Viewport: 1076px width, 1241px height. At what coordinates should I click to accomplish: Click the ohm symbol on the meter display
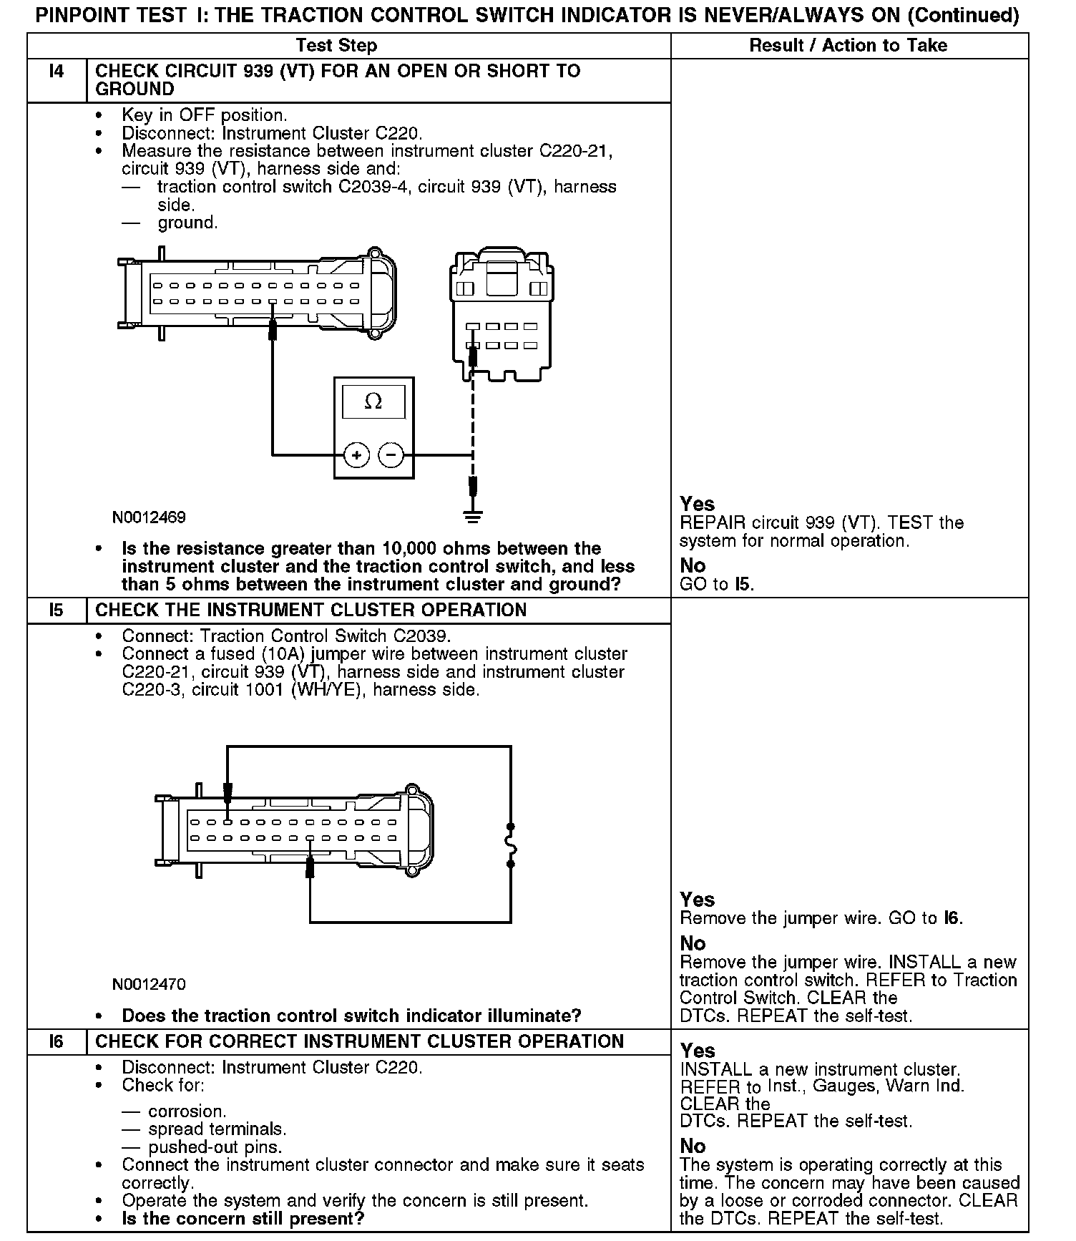tap(373, 401)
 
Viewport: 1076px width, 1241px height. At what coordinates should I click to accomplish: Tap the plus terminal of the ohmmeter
tap(356, 454)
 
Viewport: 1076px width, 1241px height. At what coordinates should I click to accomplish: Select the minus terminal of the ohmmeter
tap(391, 454)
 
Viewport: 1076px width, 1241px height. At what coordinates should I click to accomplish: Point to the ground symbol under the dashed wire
tap(472, 515)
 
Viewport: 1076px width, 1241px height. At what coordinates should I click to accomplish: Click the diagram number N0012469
tap(149, 517)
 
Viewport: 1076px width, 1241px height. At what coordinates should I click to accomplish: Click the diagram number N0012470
tap(149, 984)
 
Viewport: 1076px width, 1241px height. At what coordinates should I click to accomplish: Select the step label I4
tap(57, 71)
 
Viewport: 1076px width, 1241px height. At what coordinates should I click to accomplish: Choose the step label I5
tap(57, 610)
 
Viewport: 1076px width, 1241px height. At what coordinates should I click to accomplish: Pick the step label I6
tap(57, 1041)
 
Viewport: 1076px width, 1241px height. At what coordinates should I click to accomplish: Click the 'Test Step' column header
tap(336, 46)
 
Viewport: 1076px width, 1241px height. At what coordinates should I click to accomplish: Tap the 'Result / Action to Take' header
tap(848, 46)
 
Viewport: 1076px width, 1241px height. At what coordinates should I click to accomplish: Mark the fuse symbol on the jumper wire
tap(511, 845)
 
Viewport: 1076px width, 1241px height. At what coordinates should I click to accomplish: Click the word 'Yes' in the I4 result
tap(697, 504)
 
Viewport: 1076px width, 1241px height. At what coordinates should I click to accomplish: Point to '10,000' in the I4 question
tap(410, 549)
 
